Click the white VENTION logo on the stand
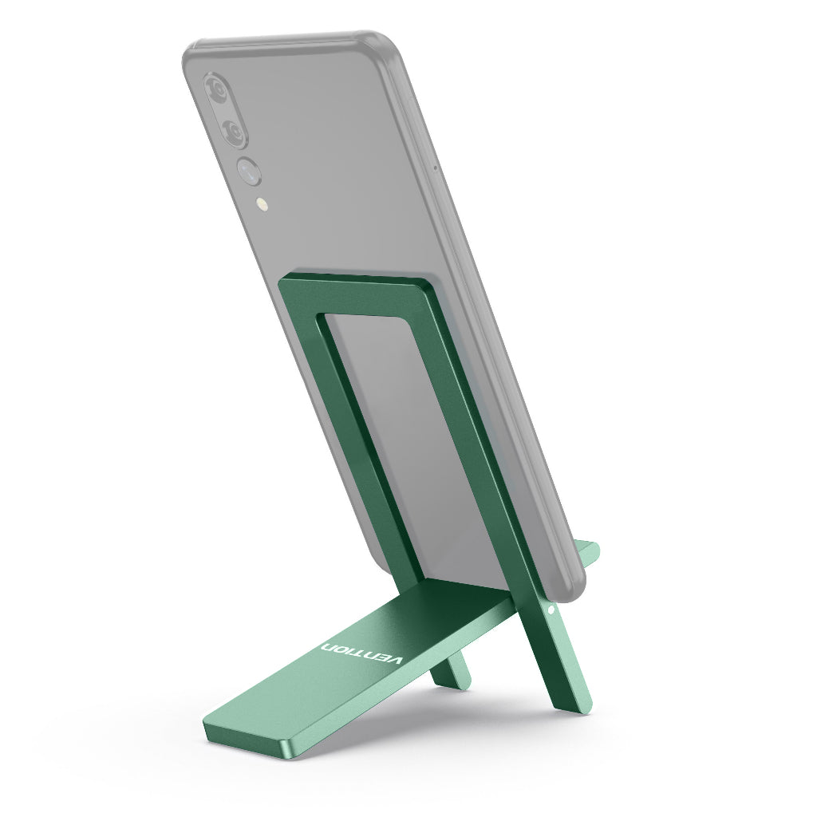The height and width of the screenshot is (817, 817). coord(363,650)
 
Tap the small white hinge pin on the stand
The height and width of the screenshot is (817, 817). coord(552,610)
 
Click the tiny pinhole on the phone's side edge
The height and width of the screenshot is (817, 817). coord(435,168)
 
